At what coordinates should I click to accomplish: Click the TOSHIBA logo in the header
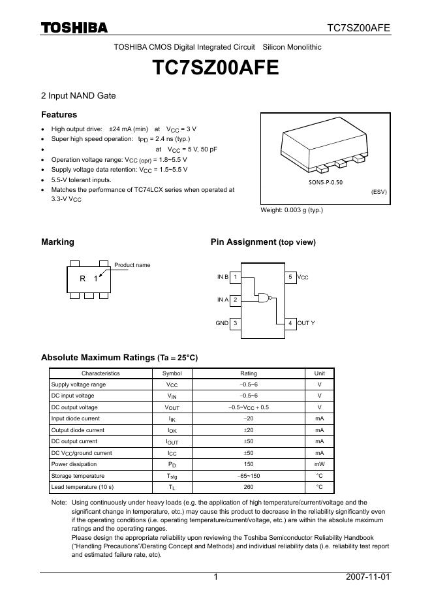[74, 27]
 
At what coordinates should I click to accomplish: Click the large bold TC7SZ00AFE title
[216, 68]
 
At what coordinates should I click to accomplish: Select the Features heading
[59, 115]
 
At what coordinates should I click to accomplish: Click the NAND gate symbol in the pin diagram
[264, 298]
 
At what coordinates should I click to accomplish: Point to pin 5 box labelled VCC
[290, 277]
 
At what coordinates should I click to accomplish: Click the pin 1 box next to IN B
[235, 277]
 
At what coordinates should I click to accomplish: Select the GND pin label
[222, 323]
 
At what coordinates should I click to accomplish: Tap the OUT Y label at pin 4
[306, 323]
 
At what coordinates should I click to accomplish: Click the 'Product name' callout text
[132, 265]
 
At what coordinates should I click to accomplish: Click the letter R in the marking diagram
[83, 279]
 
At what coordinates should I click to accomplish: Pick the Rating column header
[249, 373]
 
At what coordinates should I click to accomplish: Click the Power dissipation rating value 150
[249, 464]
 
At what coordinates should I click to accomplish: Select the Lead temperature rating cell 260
[249, 487]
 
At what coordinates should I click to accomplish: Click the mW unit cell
[319, 464]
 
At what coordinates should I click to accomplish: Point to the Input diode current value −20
[249, 418]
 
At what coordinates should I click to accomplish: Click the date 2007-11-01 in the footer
[368, 577]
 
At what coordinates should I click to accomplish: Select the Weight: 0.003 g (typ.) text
[292, 210]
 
